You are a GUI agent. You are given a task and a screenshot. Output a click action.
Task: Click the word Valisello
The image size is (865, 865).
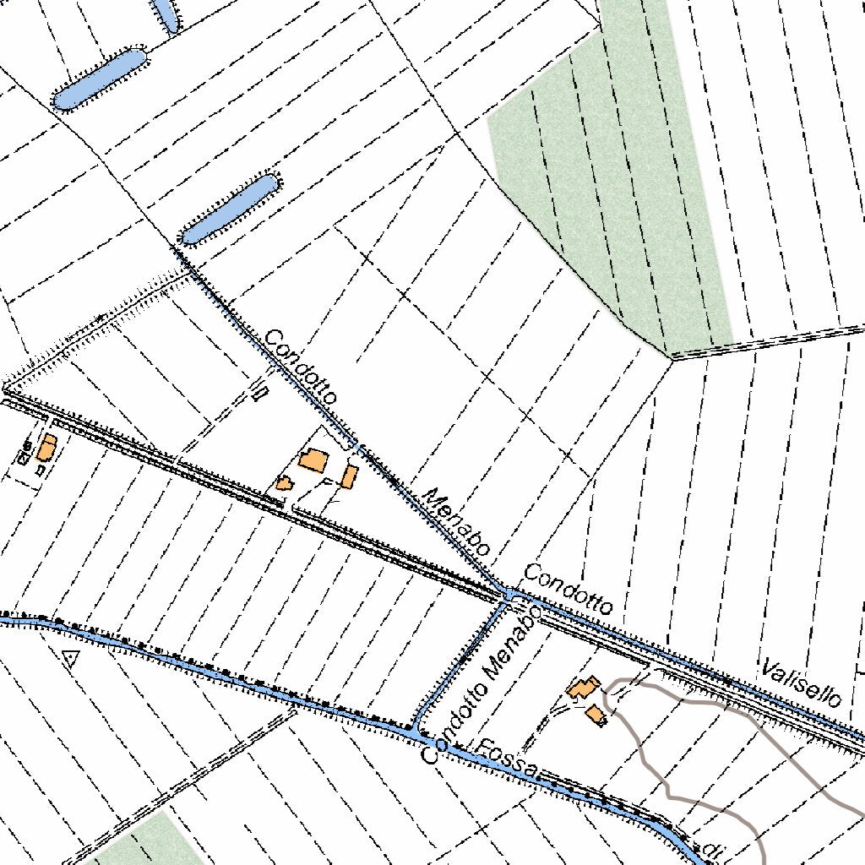coord(801,683)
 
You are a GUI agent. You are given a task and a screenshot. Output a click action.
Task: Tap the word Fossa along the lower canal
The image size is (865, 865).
coord(507,758)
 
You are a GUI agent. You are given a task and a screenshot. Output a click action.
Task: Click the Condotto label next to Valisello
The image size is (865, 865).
coord(568,588)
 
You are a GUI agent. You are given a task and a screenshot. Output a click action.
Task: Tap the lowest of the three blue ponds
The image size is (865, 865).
coord(229,209)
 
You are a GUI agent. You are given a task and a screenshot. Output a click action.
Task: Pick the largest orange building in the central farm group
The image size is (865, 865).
coord(313,460)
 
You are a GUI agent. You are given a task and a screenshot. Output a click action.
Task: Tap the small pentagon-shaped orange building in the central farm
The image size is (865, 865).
coord(284,483)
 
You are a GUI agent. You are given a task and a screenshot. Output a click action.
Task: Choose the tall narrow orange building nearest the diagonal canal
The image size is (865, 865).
coord(349,476)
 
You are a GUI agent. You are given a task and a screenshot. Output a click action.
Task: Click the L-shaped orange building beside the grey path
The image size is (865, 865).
coord(583,688)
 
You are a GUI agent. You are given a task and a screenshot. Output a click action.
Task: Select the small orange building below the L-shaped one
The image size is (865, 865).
coord(596,715)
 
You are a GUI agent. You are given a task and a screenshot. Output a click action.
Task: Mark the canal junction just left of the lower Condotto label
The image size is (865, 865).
coord(510,595)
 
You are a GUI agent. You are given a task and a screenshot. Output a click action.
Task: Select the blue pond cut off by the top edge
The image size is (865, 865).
coord(166,13)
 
